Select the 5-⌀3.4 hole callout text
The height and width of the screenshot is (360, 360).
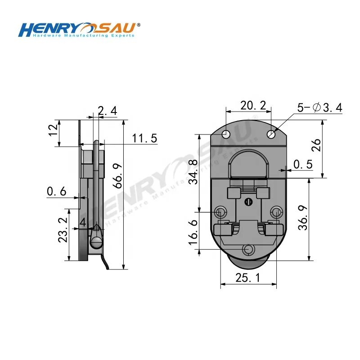click(x=320, y=108)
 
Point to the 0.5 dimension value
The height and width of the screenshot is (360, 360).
click(x=302, y=164)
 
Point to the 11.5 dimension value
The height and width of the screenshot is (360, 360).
click(x=144, y=138)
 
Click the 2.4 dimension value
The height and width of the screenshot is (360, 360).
click(x=107, y=111)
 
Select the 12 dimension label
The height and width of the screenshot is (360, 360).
click(x=53, y=130)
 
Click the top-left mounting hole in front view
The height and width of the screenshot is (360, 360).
click(x=225, y=134)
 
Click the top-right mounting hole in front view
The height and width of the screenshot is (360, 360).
click(x=271, y=134)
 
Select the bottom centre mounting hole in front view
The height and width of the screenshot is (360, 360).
click(x=248, y=249)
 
